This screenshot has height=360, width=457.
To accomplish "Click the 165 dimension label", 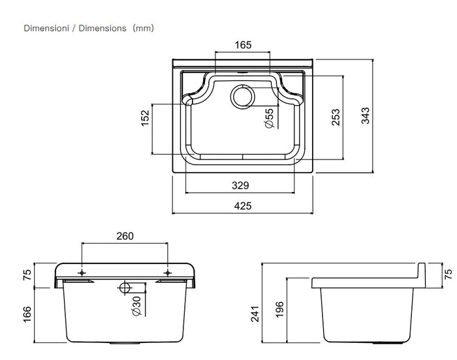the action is pos(243,45).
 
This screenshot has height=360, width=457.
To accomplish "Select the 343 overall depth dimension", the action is pos(365,116).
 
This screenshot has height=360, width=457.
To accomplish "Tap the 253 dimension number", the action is pos(336,117).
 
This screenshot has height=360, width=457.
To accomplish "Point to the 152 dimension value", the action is pos(145,118).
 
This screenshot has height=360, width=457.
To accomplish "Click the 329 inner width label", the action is pos(240,186).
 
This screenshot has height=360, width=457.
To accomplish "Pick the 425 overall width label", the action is pos(243,206).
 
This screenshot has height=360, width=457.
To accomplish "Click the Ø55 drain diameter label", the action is pos(270,118).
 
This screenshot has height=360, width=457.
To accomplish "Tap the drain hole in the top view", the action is pos(243,97).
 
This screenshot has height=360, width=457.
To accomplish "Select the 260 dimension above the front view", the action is pos(125,236).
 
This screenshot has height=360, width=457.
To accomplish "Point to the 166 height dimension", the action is pos(27,314).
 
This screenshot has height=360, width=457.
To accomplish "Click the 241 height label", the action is pos(255,314).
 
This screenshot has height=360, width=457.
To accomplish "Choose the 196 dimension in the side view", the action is pos(279,309).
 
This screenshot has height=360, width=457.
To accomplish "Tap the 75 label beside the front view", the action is pos(27,275).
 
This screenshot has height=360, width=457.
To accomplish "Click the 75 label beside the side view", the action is pos(449,274).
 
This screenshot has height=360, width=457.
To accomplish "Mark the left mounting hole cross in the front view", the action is pos(82,272).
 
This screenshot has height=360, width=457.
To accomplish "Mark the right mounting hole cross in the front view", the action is pos(167,272).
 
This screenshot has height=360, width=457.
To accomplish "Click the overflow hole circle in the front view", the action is pos(125,287).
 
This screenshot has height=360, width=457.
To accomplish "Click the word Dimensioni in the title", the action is pos(46,28).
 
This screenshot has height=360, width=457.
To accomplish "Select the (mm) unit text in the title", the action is pos(143,28).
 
